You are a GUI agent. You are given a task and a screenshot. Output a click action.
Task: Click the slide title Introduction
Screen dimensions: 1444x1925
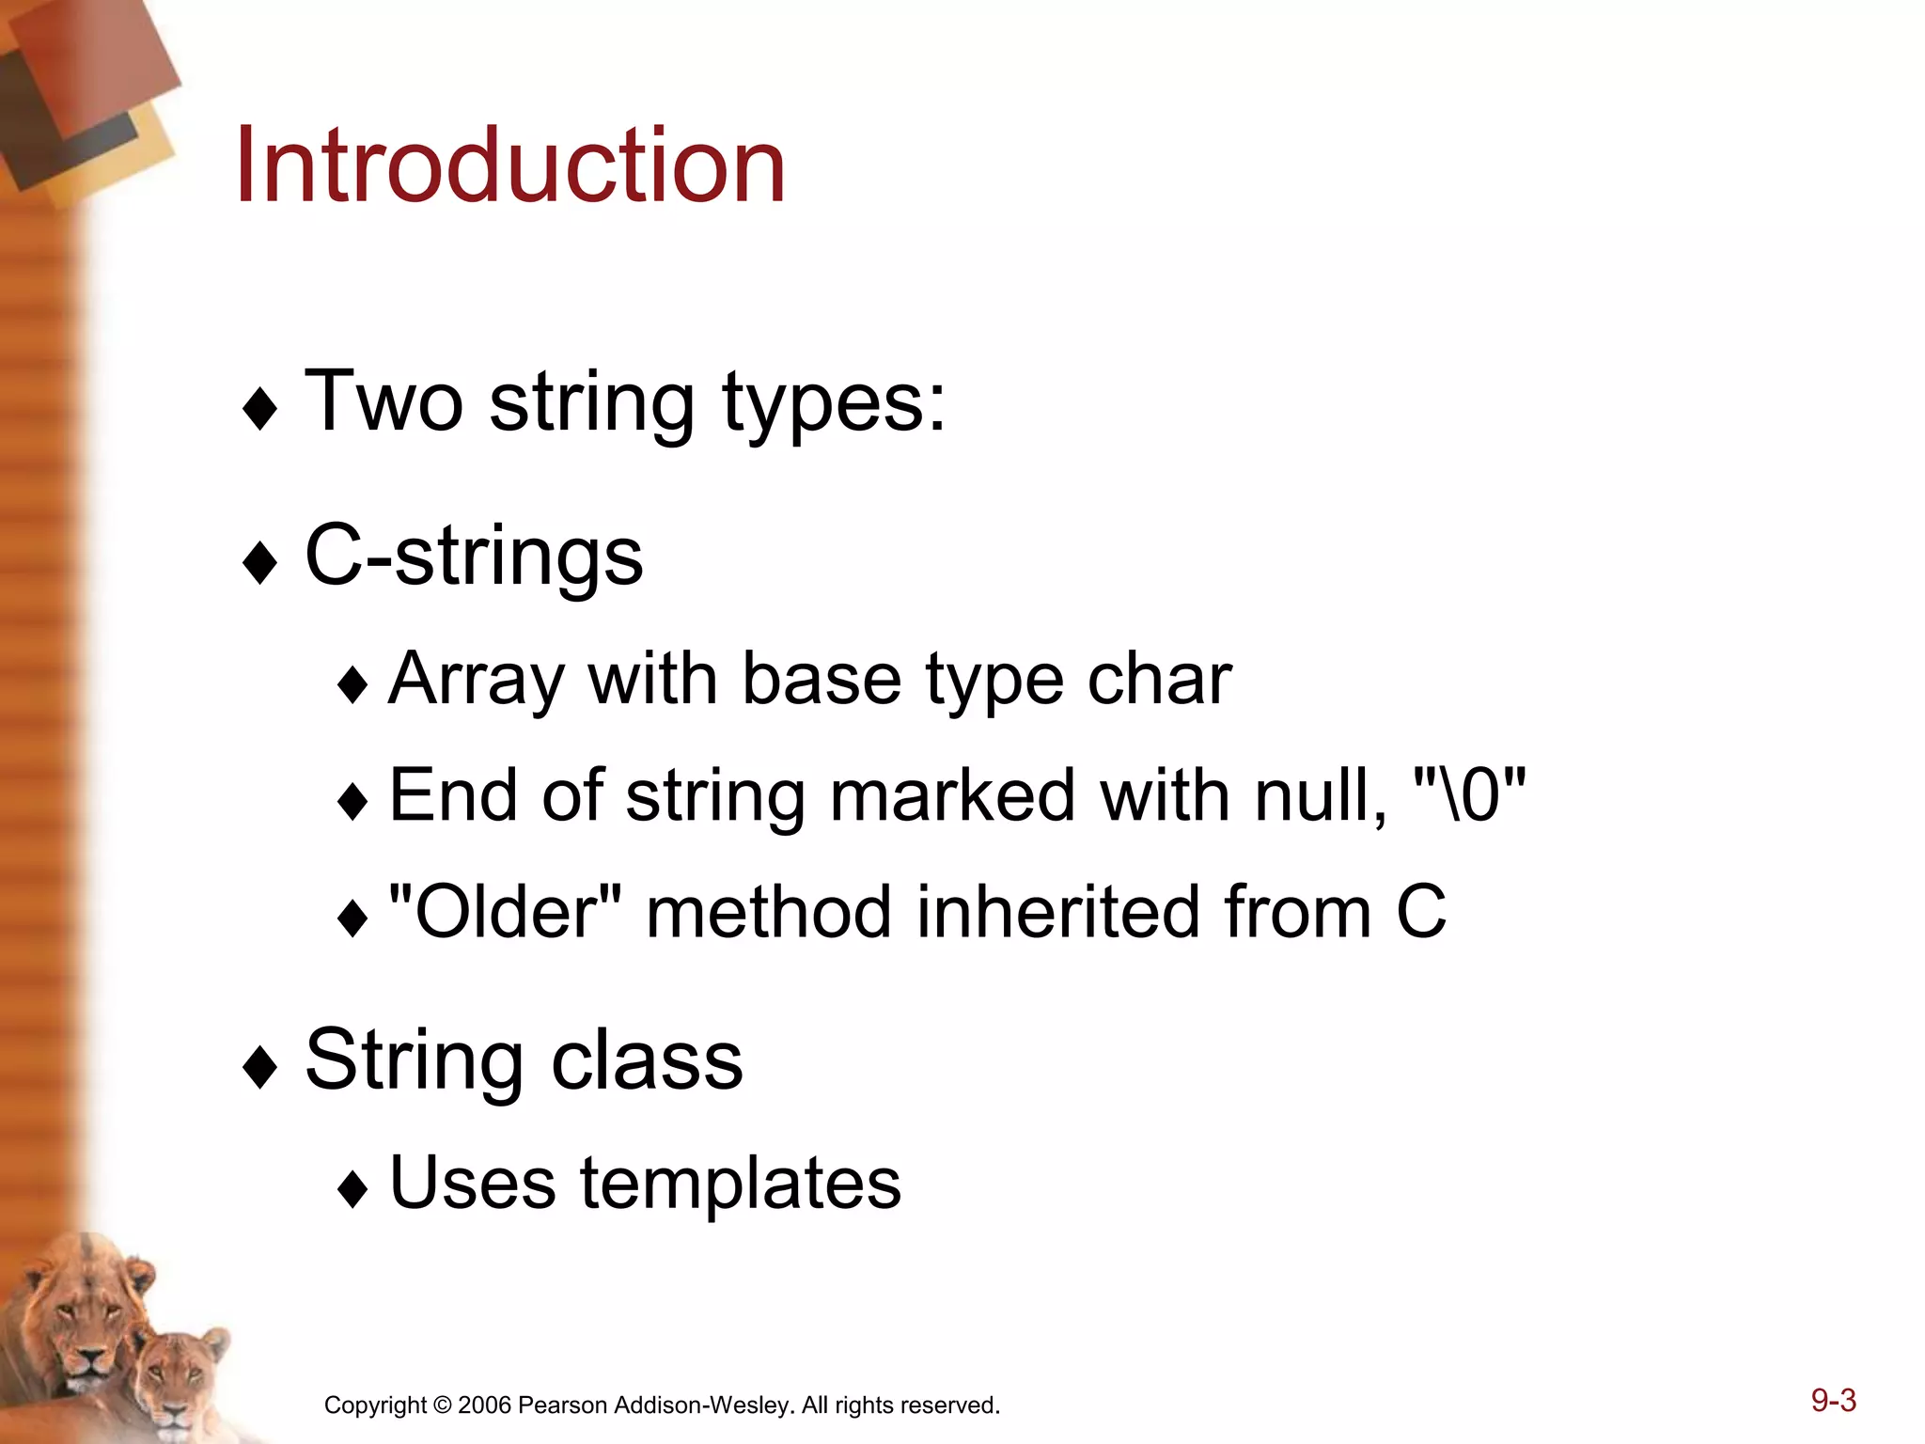(x=509, y=166)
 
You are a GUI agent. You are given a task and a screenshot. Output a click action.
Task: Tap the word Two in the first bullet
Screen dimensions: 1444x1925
(x=383, y=401)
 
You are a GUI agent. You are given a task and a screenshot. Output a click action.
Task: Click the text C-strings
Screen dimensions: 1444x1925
(x=474, y=557)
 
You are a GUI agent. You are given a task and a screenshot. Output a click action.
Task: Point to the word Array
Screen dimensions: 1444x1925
(x=477, y=681)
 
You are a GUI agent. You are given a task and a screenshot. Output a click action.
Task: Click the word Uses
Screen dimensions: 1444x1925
(x=472, y=1183)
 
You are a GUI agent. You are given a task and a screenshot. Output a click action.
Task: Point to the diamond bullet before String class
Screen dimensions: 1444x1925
(x=259, y=1068)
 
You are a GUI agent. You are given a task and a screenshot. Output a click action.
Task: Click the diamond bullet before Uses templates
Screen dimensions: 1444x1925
(x=352, y=1189)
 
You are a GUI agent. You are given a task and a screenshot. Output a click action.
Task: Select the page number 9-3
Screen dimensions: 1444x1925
(x=1833, y=1400)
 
